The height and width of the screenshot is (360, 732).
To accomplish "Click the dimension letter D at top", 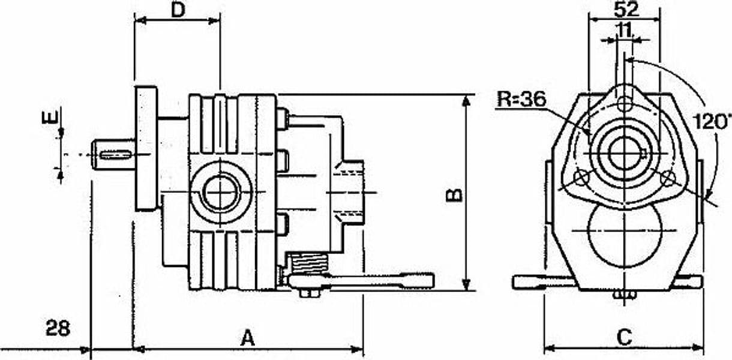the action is click(x=178, y=10).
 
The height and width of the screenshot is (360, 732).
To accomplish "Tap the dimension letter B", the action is click(x=455, y=195).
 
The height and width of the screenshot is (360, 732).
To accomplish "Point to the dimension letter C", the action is click(x=625, y=337).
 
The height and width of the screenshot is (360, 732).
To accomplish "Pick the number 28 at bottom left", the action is click(x=58, y=328).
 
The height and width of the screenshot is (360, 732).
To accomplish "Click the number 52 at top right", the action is click(x=626, y=10).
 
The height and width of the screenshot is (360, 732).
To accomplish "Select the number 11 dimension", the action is click(x=625, y=31).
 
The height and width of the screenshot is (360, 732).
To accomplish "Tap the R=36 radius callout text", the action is click(x=521, y=98).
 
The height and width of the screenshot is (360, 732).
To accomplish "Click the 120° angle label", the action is click(x=711, y=121).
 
